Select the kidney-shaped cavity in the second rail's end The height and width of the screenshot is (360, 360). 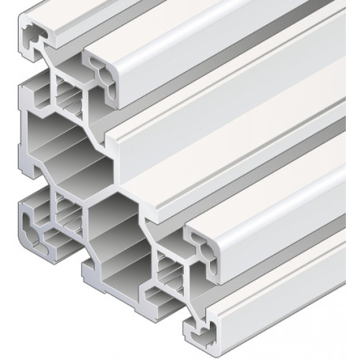105,73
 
